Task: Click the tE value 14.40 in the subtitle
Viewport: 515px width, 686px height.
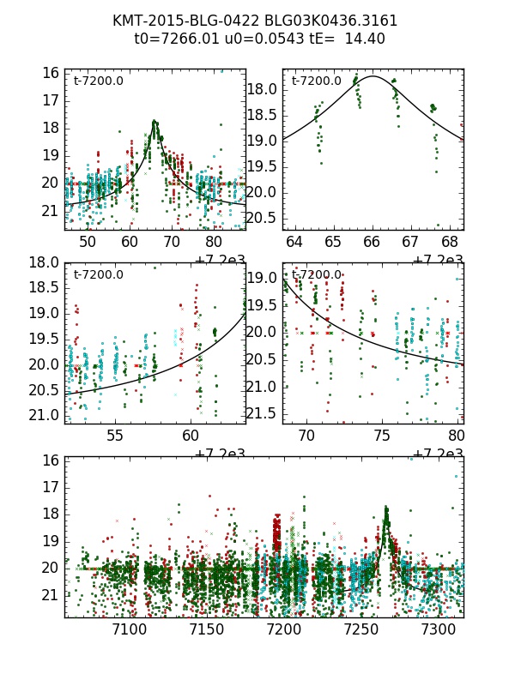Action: pyautogui.click(x=365, y=39)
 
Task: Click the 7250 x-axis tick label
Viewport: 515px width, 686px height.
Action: pyautogui.click(x=377, y=629)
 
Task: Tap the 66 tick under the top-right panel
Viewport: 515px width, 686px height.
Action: pyautogui.click(x=372, y=242)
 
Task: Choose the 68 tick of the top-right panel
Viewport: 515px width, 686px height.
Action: pyautogui.click(x=449, y=242)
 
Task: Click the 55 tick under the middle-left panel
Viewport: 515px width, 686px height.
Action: pyautogui.click(x=115, y=436)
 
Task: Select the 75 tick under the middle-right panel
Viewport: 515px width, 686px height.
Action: pyautogui.click(x=382, y=436)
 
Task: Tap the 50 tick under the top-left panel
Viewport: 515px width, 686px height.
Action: pyautogui.click(x=88, y=242)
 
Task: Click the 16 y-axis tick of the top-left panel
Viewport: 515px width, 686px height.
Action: pyautogui.click(x=51, y=74)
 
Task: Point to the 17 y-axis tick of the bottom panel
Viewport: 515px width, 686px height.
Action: pyautogui.click(x=51, y=486)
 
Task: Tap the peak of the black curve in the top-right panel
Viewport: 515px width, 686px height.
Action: pyautogui.click(x=373, y=76)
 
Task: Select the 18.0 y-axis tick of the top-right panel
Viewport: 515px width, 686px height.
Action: pyautogui.click(x=261, y=89)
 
